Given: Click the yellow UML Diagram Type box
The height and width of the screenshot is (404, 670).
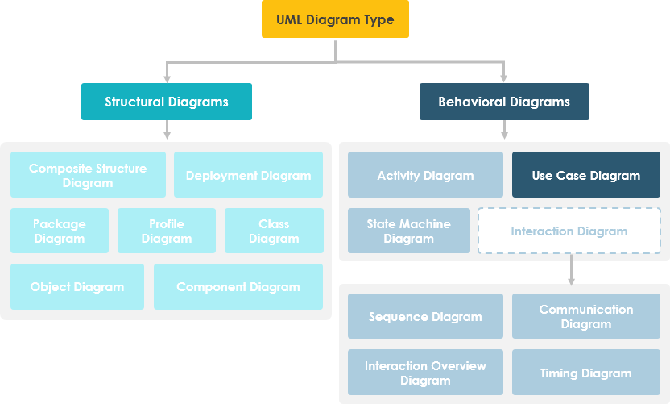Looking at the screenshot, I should click(335, 19).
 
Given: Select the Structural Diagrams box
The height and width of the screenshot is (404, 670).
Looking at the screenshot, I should click(167, 102).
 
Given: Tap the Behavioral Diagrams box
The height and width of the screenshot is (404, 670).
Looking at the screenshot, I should click(504, 102).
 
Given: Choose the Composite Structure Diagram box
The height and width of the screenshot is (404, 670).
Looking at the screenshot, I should click(88, 175).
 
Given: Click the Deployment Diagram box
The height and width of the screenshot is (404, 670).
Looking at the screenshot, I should click(248, 175).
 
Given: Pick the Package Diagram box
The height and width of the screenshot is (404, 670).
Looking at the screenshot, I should click(60, 231).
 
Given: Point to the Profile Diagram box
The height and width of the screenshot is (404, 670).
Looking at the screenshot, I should click(167, 231).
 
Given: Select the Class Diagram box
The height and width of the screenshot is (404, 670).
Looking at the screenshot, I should click(274, 231).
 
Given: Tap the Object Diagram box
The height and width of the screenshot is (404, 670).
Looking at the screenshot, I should click(77, 286).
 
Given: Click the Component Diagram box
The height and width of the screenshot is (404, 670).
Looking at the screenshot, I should click(238, 286).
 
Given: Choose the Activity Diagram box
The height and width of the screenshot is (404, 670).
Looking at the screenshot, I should click(425, 175).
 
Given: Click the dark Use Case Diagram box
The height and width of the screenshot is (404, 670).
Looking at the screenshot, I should click(586, 175).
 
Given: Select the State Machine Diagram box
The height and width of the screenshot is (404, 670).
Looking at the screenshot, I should click(409, 231).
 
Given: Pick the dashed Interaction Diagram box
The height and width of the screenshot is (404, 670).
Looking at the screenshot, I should click(569, 231).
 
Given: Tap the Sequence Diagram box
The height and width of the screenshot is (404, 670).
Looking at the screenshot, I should click(425, 316).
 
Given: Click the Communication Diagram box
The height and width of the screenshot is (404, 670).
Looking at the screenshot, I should click(586, 316).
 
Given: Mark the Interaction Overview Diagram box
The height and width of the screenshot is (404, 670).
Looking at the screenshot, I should click(425, 373).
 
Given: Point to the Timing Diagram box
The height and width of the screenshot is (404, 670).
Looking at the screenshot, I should click(586, 373).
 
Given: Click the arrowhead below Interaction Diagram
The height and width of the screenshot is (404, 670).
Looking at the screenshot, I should click(571, 281).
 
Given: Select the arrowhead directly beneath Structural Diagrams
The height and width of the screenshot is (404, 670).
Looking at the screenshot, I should click(167, 135).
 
